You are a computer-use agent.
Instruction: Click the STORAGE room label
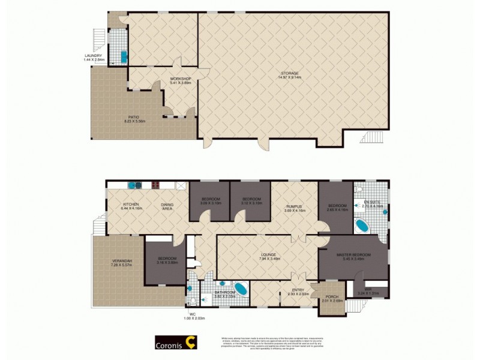288,74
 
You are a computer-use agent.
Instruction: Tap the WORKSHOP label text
180,79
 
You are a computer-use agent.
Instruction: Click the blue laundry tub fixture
124,56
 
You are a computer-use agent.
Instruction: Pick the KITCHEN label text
131,205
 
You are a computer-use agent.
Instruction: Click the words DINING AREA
167,207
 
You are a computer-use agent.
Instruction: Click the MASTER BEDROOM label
353,255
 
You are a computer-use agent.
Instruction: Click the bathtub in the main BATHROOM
241,289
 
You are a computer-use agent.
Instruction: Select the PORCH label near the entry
331,298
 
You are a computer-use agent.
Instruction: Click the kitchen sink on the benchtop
136,185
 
